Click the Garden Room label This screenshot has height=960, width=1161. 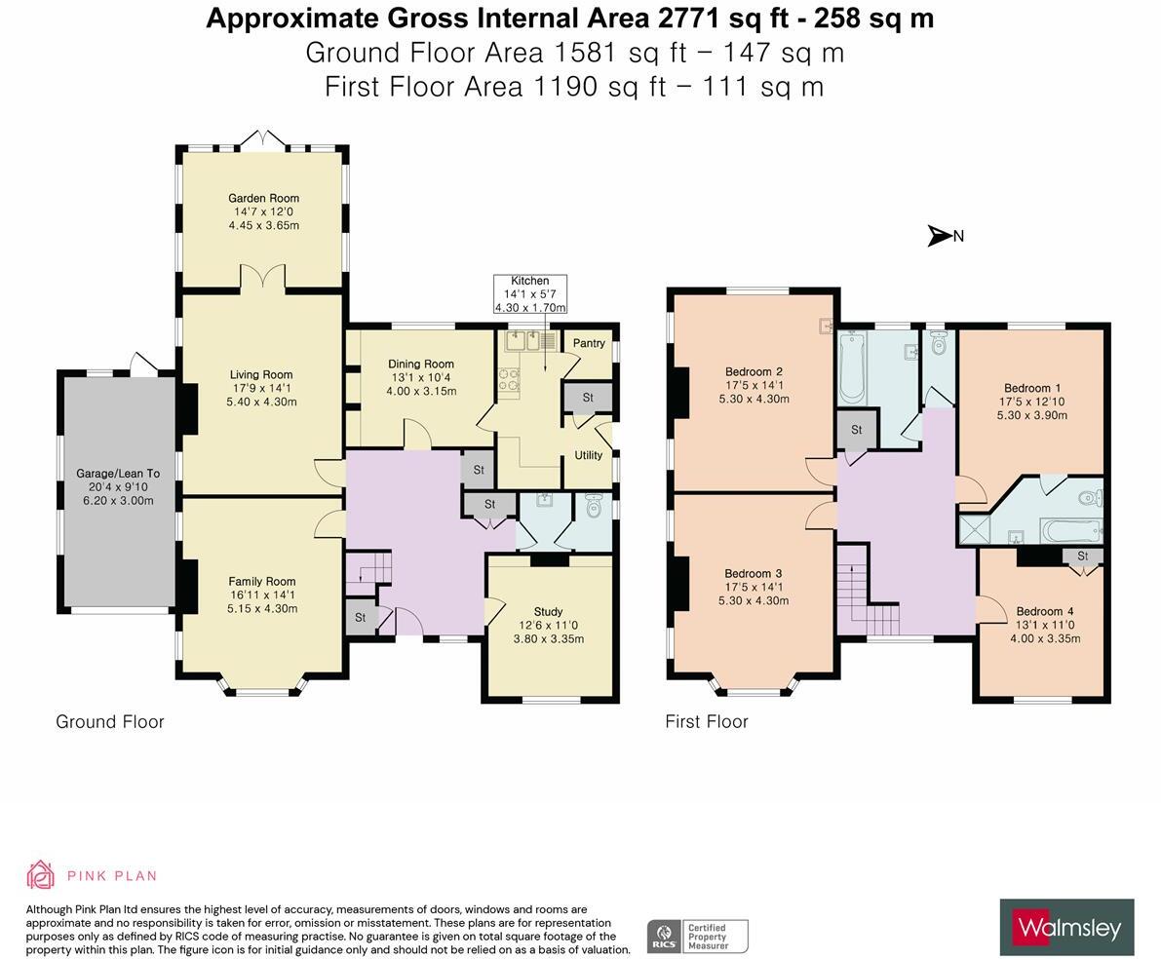point(263,198)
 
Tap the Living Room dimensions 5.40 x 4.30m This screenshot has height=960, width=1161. point(261,402)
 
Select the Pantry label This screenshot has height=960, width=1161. point(589,343)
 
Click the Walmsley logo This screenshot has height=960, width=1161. point(1067,928)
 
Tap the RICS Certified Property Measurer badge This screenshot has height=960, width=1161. point(698,937)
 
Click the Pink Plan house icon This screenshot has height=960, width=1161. point(40,875)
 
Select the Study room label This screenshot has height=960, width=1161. point(548,611)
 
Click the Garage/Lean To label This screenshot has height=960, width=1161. point(118,473)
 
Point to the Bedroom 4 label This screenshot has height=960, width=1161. point(1045,611)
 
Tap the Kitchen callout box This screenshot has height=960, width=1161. point(530,293)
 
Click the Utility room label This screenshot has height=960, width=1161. point(589,455)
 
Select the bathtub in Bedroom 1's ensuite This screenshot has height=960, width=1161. point(1070,530)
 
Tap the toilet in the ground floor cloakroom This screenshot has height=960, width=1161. point(594,506)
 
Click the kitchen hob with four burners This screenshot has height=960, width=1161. point(509,380)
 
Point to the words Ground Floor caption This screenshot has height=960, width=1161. point(109,721)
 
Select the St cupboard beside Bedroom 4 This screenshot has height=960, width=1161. point(1082,556)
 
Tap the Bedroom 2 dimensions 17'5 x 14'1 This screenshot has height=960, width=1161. point(754,385)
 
